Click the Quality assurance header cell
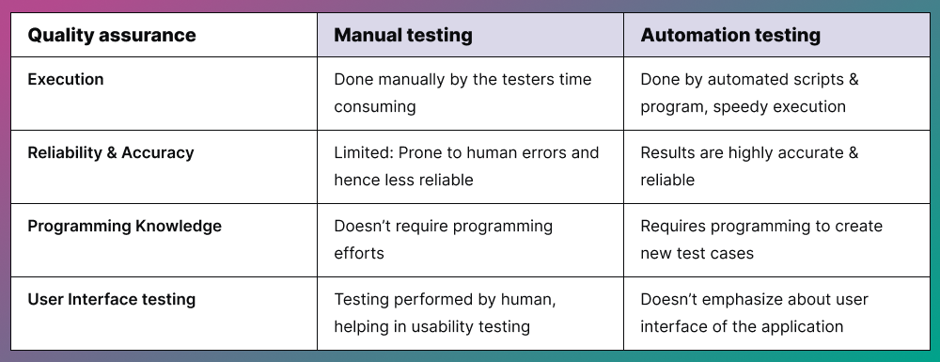point(112,36)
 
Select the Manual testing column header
point(403,36)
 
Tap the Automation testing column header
point(730,36)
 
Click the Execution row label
point(66,79)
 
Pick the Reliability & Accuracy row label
point(111,152)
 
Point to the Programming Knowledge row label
point(125,226)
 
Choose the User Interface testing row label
point(112,299)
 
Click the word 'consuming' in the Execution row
point(375,106)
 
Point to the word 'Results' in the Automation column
point(668,152)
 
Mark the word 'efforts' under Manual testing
point(359,253)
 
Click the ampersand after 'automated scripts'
point(853,79)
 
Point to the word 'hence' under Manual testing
point(356,180)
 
